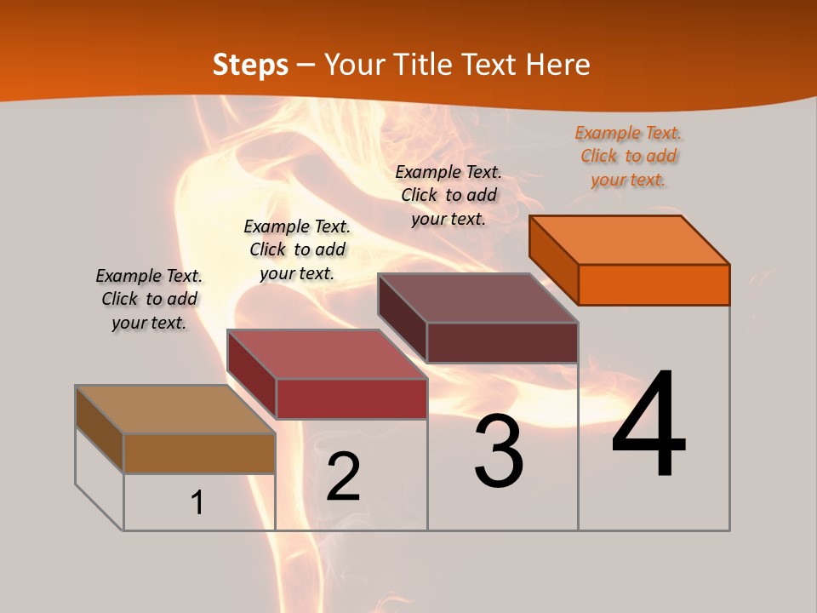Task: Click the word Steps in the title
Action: (x=250, y=65)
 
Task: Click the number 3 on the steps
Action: (x=499, y=451)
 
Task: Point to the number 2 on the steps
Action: (x=343, y=477)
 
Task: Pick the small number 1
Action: (x=197, y=502)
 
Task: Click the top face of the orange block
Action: (x=629, y=239)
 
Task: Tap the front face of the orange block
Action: (x=654, y=284)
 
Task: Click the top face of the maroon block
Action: (x=477, y=298)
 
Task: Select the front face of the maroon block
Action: (x=502, y=342)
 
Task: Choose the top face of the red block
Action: (x=327, y=354)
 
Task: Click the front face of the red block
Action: (x=351, y=398)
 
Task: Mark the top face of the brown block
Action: (x=174, y=410)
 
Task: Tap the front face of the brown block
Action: (x=199, y=453)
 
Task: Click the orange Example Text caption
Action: (x=628, y=157)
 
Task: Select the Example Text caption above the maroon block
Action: (x=448, y=195)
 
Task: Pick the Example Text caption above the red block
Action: (x=297, y=249)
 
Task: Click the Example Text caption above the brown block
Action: (x=149, y=299)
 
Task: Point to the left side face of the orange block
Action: (x=553, y=259)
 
